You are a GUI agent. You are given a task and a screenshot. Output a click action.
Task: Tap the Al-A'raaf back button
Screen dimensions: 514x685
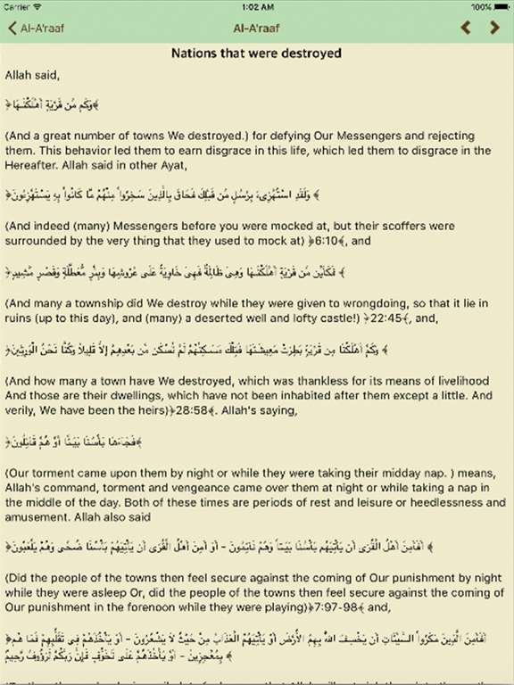click(x=36, y=28)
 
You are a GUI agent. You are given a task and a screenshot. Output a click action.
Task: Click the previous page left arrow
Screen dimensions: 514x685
click(x=465, y=28)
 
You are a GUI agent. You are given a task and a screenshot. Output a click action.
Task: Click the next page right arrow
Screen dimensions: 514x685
click(x=495, y=28)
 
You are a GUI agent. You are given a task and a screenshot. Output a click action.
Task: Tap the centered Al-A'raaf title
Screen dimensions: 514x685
click(x=256, y=28)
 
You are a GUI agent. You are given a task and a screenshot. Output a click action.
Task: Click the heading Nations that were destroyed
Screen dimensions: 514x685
click(x=256, y=54)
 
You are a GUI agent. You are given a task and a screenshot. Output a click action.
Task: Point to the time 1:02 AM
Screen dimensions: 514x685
click(x=256, y=6)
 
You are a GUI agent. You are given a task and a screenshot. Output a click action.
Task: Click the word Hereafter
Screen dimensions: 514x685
click(x=34, y=165)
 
